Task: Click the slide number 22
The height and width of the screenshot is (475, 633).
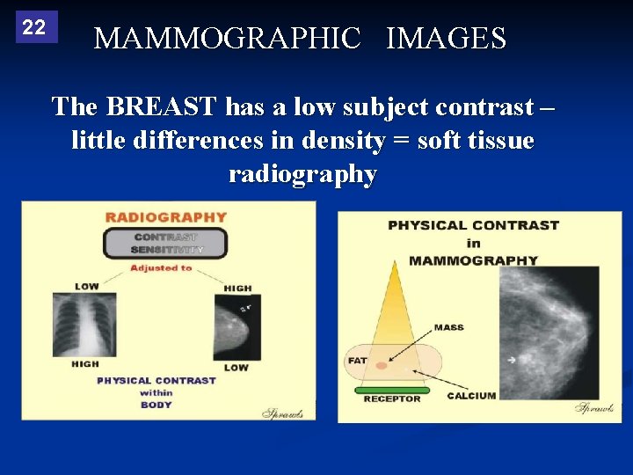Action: pyautogui.click(x=34, y=27)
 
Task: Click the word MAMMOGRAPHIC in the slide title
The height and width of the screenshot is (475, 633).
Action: pyautogui.click(x=227, y=39)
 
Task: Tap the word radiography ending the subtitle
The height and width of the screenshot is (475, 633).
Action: pyautogui.click(x=302, y=174)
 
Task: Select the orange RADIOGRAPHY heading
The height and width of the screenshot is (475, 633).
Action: pyautogui.click(x=166, y=217)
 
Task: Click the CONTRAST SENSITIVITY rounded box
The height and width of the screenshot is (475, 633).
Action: pyautogui.click(x=165, y=243)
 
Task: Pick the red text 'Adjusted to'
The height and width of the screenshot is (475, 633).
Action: pyautogui.click(x=161, y=268)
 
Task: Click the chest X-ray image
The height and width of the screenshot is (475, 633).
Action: pyautogui.click(x=84, y=325)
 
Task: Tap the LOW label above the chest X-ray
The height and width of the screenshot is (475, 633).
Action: pyautogui.click(x=86, y=287)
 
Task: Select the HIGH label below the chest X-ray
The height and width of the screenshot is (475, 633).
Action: pyautogui.click(x=85, y=364)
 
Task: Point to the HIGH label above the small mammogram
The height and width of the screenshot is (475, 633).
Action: pyautogui.click(x=237, y=288)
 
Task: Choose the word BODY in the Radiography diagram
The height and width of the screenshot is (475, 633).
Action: pyautogui.click(x=156, y=405)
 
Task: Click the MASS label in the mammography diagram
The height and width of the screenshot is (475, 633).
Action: pyautogui.click(x=448, y=327)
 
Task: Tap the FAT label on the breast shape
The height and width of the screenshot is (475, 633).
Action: pyautogui.click(x=357, y=360)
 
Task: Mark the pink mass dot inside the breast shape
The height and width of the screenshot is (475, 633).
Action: pyautogui.click(x=380, y=364)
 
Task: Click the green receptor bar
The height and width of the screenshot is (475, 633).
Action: pyautogui.click(x=391, y=390)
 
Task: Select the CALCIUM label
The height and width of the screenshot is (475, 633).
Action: pyautogui.click(x=471, y=396)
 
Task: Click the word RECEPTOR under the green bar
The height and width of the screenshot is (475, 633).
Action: pyautogui.click(x=391, y=399)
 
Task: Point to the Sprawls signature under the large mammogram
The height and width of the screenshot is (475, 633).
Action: pyautogui.click(x=593, y=407)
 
